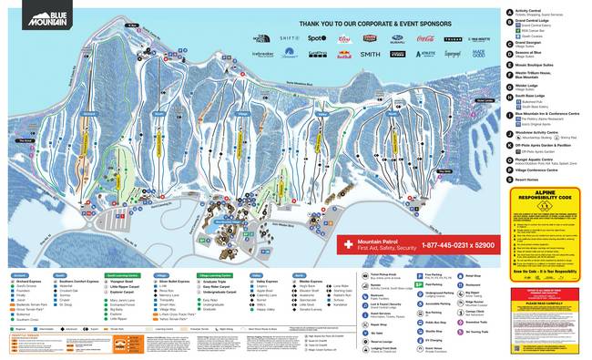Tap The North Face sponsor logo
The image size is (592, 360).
262,39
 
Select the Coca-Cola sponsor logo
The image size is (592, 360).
424,39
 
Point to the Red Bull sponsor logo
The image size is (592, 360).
343,55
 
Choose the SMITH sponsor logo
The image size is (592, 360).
370,55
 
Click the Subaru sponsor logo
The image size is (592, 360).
397,40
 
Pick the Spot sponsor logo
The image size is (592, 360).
316,39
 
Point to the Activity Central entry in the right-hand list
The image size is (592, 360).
535,11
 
